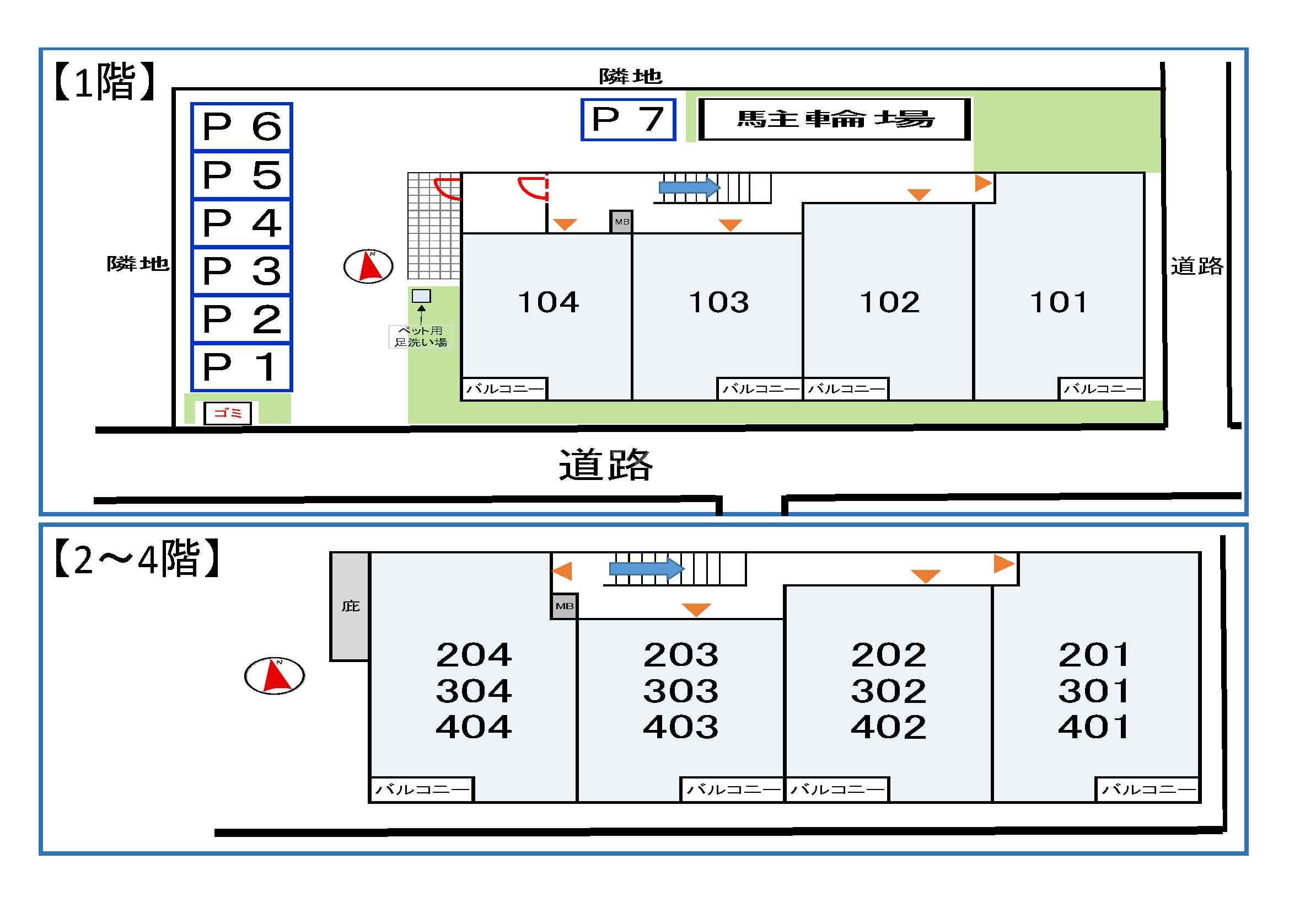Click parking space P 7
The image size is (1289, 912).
pos(627,120)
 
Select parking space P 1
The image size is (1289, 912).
pos(241,367)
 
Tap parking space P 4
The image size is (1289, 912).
pos(241,223)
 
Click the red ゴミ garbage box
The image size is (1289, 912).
pos(227,413)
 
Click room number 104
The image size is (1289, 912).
pos(548,302)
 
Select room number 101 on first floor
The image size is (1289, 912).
pos(1058,302)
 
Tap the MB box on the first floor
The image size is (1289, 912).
pos(621,222)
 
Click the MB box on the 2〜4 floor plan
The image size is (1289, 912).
pos(564,606)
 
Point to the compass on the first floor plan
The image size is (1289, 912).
pos(368,266)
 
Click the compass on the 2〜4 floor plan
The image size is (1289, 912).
pos(275,675)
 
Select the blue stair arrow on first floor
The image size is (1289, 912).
pos(689,187)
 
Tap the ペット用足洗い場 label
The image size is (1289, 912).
pos(421,337)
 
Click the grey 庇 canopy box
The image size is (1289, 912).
pos(350,606)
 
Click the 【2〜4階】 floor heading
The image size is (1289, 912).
pos(136,558)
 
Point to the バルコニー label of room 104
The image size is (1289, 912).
pos(504,389)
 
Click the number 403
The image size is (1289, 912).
pos(680,727)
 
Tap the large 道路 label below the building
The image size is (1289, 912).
pos(605,465)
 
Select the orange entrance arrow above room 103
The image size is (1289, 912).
pos(731,225)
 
